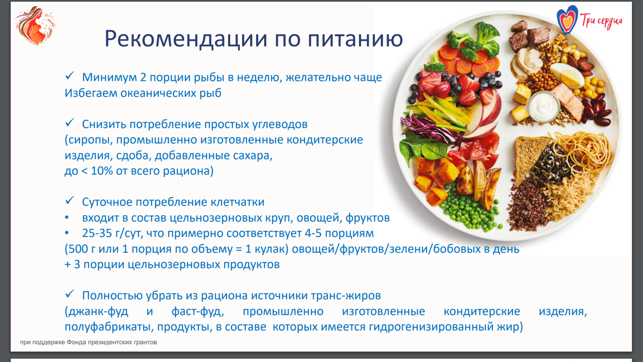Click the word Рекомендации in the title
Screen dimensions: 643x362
point(186,39)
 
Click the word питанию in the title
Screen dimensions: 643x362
point(355,39)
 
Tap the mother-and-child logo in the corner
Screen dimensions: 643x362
point(35,25)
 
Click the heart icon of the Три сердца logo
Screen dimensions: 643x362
point(567,20)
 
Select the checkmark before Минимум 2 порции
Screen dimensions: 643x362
point(70,76)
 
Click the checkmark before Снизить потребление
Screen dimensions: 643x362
point(70,123)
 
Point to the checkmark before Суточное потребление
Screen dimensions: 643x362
point(70,201)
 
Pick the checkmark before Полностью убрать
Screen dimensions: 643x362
point(70,294)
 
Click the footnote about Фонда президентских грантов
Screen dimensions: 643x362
point(88,342)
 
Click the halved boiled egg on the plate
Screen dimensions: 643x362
point(566,74)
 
